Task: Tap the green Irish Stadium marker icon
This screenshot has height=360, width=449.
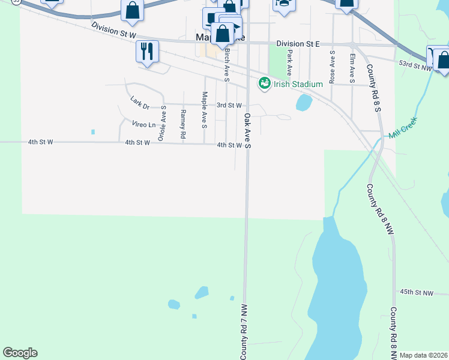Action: pos(264,83)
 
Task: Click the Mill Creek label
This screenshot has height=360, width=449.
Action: pos(402,128)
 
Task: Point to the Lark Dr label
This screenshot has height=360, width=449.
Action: pos(139,103)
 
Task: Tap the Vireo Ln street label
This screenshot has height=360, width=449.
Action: pos(143,124)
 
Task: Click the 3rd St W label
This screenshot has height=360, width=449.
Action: pos(229,105)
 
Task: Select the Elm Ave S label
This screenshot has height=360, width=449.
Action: pos(352,67)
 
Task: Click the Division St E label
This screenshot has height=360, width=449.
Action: pos(298,44)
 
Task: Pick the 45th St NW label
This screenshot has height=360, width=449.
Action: pos(417,292)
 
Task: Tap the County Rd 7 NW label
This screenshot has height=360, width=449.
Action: pos(245,332)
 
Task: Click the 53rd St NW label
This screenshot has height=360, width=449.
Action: pos(415,66)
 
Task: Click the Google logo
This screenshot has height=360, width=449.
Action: pos(20,353)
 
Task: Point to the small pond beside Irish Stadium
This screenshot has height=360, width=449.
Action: pos(304,104)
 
